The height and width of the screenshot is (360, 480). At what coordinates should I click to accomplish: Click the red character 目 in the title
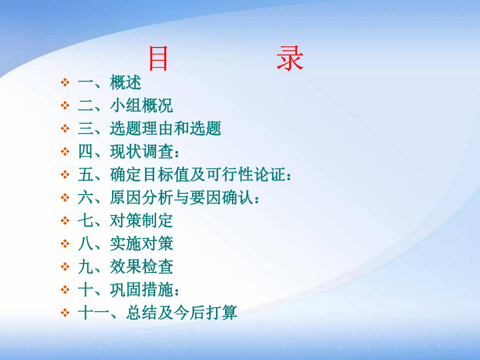pyautogui.click(x=158, y=58)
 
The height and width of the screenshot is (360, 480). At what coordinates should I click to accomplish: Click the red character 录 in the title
pyautogui.click(x=290, y=58)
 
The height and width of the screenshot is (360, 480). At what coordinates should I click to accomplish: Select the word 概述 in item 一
pyautogui.click(x=125, y=82)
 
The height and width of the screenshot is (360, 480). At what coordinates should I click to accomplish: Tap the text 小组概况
pyautogui.click(x=141, y=105)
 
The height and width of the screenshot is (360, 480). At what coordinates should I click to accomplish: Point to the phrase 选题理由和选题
pyautogui.click(x=165, y=128)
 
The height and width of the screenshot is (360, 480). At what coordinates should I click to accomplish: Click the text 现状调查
pyautogui.click(x=141, y=151)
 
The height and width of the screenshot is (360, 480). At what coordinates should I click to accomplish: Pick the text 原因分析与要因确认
pyautogui.click(x=181, y=197)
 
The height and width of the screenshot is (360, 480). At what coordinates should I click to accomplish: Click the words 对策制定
pyautogui.click(x=141, y=220)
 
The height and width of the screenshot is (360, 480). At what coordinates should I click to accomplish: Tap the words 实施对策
pyautogui.click(x=141, y=244)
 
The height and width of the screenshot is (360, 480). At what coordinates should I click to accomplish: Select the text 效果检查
pyautogui.click(x=141, y=267)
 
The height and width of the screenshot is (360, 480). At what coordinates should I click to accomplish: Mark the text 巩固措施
pyautogui.click(x=141, y=290)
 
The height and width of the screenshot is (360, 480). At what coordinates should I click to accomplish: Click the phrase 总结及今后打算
pyautogui.click(x=181, y=313)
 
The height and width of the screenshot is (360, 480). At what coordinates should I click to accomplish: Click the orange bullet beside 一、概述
pyautogui.click(x=65, y=82)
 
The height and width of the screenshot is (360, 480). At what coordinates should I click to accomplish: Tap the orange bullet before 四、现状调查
pyautogui.click(x=65, y=151)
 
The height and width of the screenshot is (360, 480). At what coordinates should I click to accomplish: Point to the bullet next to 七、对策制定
pyautogui.click(x=65, y=220)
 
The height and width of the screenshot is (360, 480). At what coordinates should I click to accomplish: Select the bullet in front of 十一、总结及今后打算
pyautogui.click(x=65, y=313)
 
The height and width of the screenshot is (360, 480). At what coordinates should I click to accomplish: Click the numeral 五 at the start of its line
pyautogui.click(x=86, y=174)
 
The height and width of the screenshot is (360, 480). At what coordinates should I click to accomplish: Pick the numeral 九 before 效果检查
pyautogui.click(x=86, y=267)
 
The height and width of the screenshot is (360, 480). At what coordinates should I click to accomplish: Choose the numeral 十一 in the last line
pyautogui.click(x=94, y=313)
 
